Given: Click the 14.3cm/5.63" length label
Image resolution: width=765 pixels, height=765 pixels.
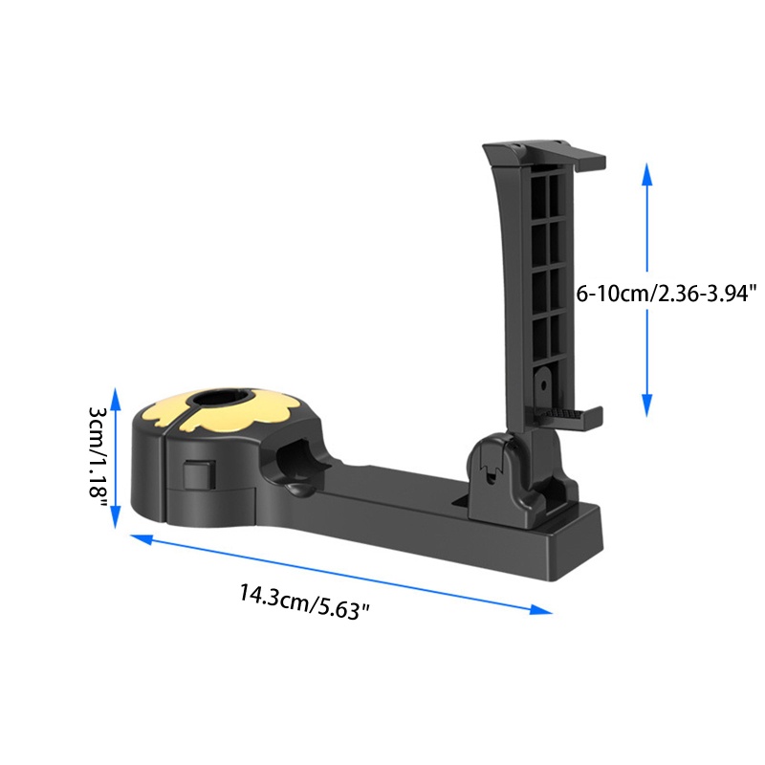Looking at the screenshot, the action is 304,602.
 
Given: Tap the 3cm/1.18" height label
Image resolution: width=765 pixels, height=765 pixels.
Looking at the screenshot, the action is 98,451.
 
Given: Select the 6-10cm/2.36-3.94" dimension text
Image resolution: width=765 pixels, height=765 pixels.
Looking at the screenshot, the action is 667,295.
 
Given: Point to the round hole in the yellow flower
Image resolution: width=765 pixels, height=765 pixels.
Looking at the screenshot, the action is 222,398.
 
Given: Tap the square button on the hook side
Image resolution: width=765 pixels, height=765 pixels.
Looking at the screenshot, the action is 199,474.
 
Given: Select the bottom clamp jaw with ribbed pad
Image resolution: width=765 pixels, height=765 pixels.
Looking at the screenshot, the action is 568,415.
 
